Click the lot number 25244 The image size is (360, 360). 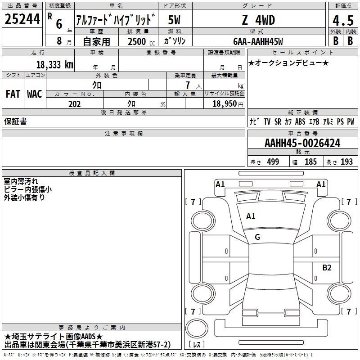click(22, 19)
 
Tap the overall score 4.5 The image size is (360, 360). click(343, 20)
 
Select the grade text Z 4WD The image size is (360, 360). click(258, 20)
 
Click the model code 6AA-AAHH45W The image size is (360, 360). click(258, 41)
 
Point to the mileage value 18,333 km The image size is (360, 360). click(54, 65)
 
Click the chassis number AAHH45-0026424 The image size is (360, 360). click(302, 143)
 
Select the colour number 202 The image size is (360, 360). click(74, 104)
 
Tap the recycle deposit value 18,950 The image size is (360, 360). click(224, 103)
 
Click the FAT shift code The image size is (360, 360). click(13, 94)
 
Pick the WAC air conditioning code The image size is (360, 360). click(35, 94)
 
